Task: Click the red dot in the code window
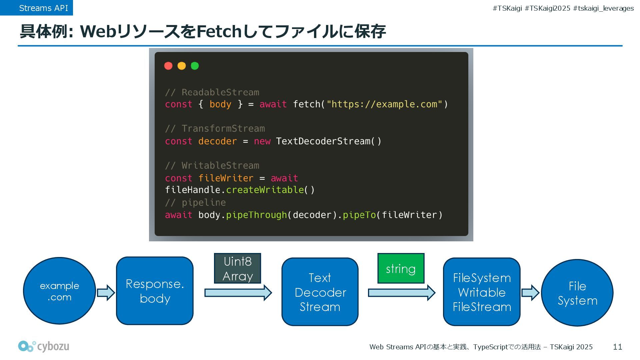(x=168, y=66)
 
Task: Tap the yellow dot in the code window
(x=182, y=66)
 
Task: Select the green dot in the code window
(x=195, y=66)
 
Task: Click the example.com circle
(x=59, y=291)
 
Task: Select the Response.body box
(x=155, y=291)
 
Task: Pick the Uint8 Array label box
(x=237, y=268)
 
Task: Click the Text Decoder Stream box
(x=320, y=292)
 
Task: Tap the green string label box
(x=401, y=268)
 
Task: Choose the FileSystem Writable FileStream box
(x=482, y=292)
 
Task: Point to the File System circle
(x=577, y=293)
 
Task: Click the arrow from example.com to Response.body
(x=106, y=293)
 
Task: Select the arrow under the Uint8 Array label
(x=238, y=293)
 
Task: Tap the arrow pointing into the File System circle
(x=530, y=293)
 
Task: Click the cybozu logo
(x=44, y=347)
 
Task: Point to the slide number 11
(x=617, y=347)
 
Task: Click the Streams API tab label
(x=43, y=8)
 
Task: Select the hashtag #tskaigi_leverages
(x=603, y=8)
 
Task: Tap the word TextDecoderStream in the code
(x=323, y=141)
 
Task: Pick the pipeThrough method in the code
(x=256, y=215)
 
